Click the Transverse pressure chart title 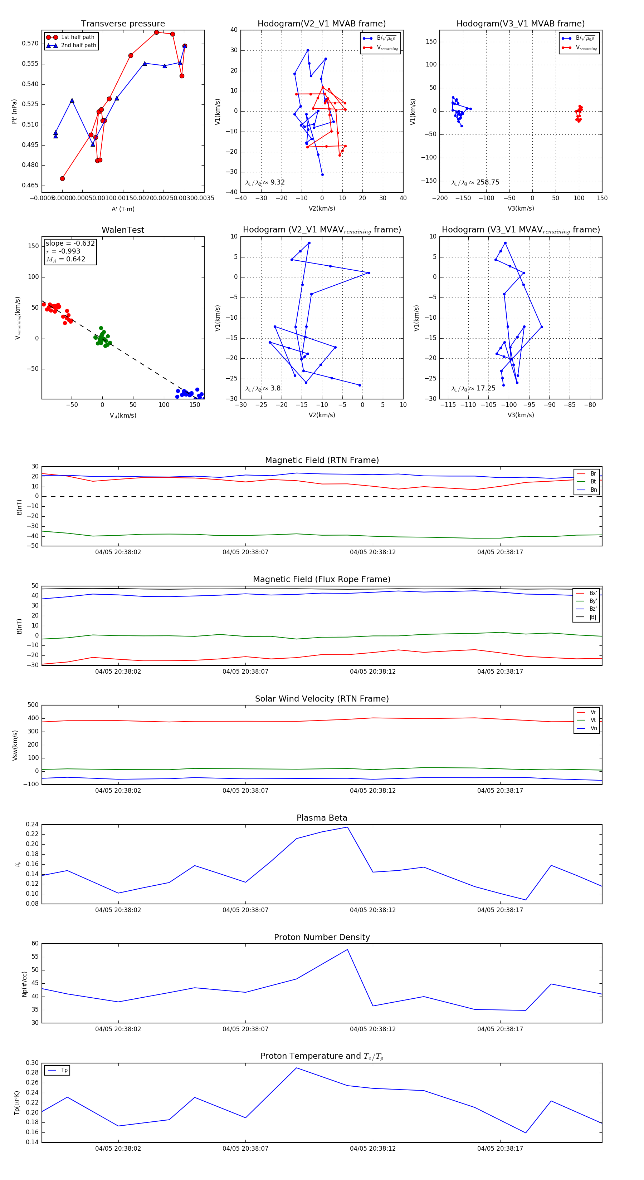[123, 24]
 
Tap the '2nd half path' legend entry [78, 45]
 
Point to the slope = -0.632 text [70, 243]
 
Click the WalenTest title [123, 230]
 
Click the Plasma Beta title [322, 818]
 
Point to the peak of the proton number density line [347, 950]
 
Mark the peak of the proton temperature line [297, 1068]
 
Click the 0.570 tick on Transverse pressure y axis [30, 44]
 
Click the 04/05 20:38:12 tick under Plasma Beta [373, 910]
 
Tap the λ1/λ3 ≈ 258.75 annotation [475, 182]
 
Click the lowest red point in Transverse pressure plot [62, 179]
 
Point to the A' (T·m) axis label [123, 209]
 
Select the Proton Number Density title [322, 937]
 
